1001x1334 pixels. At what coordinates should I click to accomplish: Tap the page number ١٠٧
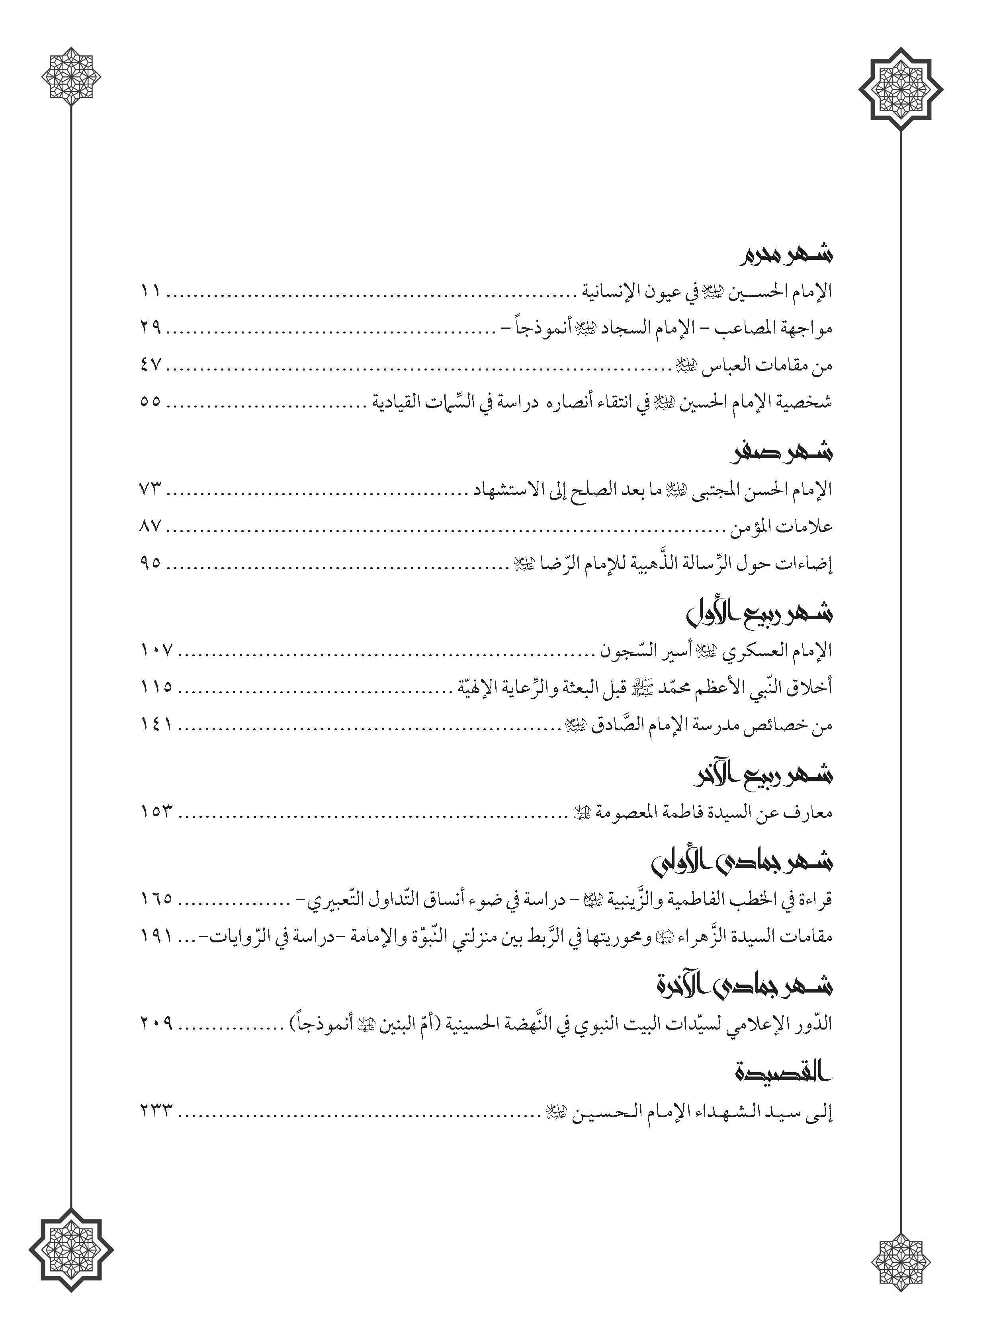click(156, 650)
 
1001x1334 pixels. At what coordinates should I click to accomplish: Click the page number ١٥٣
click(156, 812)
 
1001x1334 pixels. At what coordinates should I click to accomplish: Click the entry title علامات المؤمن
click(781, 527)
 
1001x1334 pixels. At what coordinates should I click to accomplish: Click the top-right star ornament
click(900, 89)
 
